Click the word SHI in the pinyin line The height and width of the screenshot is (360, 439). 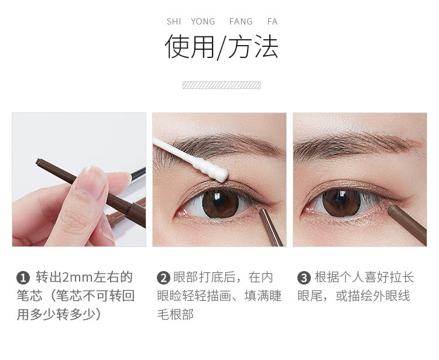tap(174, 22)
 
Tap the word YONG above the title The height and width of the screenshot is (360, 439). tap(203, 22)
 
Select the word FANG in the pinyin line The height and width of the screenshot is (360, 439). tap(241, 22)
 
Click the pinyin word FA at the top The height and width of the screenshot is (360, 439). tap(272, 22)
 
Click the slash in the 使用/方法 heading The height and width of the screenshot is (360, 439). tap(221, 47)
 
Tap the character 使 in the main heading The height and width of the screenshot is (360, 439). tap(177, 46)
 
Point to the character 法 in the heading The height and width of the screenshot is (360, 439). tap(266, 46)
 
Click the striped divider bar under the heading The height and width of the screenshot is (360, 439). tap(221, 85)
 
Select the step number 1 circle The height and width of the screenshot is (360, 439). tap(23, 278)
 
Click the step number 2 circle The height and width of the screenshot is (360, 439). tap(163, 278)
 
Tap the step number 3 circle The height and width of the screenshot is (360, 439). tap(304, 278)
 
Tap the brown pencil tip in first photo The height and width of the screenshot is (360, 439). tap(39, 162)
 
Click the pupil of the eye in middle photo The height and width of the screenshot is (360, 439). tap(220, 201)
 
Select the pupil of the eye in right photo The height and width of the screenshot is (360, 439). tap(340, 199)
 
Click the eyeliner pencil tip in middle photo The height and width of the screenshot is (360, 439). tap(262, 211)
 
